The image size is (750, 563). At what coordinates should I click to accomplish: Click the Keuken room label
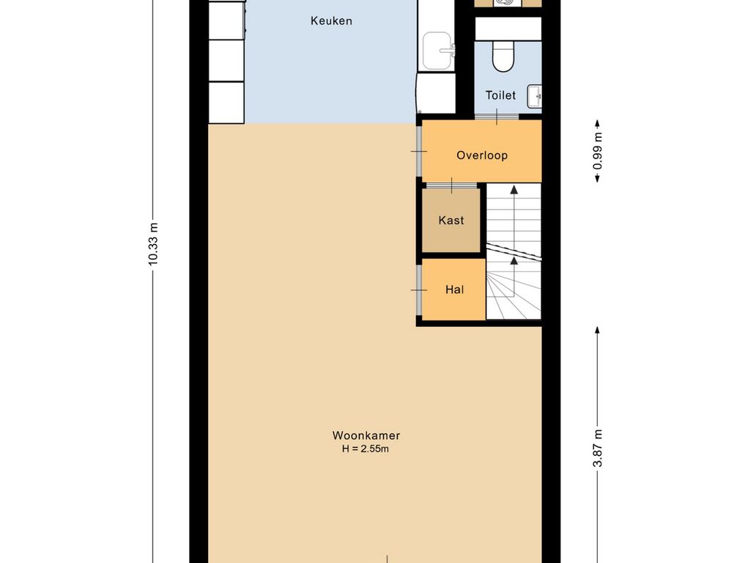(x=331, y=21)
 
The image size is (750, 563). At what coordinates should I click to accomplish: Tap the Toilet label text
(x=500, y=95)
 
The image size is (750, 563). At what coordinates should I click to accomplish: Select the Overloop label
(x=482, y=155)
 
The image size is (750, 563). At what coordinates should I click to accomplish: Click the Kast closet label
(x=451, y=220)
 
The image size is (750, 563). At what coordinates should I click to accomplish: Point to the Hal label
(x=454, y=289)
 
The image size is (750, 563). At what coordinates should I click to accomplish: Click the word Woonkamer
(x=366, y=435)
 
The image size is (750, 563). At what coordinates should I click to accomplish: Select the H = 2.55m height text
(x=365, y=449)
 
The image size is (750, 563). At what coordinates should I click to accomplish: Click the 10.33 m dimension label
(x=153, y=243)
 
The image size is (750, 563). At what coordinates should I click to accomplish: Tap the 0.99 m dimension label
(x=598, y=151)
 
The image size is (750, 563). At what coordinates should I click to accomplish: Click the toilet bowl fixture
(x=502, y=56)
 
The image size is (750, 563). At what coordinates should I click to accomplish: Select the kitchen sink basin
(x=438, y=51)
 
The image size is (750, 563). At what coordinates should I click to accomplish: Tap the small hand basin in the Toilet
(x=534, y=97)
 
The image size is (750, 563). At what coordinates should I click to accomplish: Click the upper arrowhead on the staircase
(x=514, y=190)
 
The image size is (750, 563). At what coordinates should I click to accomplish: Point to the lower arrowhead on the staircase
(x=514, y=260)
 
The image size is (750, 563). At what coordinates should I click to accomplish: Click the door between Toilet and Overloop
(x=497, y=117)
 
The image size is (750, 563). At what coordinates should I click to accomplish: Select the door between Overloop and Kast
(x=451, y=185)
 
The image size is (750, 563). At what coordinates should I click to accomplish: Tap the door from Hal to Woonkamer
(x=419, y=290)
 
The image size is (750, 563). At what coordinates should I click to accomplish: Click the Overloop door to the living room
(x=419, y=151)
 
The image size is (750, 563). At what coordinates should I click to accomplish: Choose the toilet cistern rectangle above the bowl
(x=508, y=29)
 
